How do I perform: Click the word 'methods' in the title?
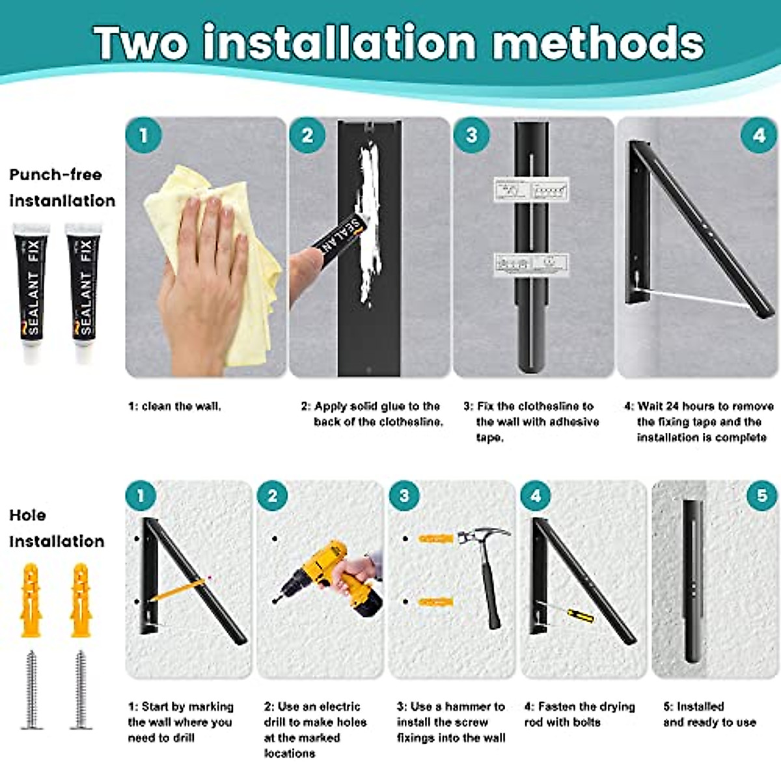click(597, 43)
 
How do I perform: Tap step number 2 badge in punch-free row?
click(307, 135)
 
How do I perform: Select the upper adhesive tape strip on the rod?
click(531, 190)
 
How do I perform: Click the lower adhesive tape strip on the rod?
click(531, 264)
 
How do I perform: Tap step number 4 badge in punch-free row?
click(759, 135)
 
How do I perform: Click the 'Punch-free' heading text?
click(55, 174)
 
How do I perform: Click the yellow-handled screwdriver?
click(576, 614)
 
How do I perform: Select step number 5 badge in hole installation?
click(762, 496)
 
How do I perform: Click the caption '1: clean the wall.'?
click(174, 406)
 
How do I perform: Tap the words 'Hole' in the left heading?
click(27, 515)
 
